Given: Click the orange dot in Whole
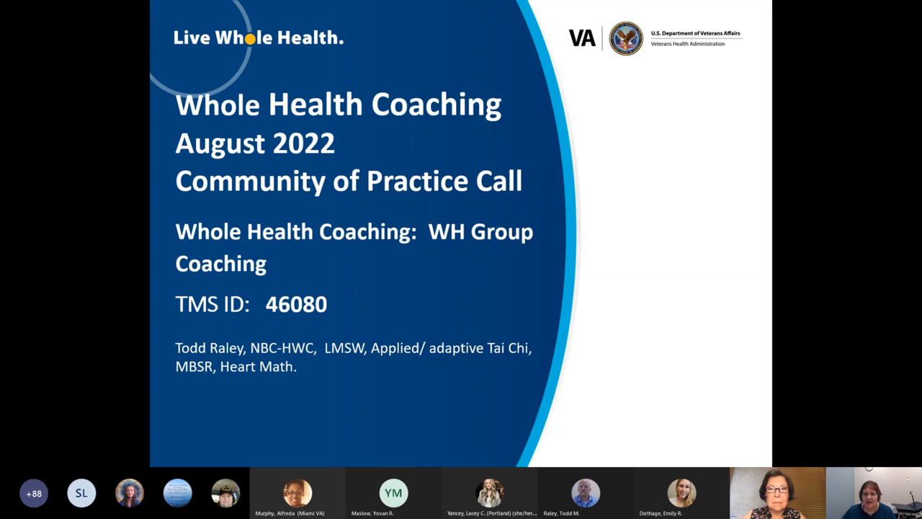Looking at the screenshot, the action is click(x=250, y=39).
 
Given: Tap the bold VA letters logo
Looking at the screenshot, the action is click(x=582, y=38).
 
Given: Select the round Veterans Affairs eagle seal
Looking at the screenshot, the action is click(x=626, y=38).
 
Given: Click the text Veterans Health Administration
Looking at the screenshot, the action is click(x=687, y=44).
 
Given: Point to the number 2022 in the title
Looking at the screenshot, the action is click(x=304, y=143).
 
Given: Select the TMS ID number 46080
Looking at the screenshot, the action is click(x=296, y=304).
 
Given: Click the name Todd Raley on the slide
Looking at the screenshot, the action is click(x=210, y=348).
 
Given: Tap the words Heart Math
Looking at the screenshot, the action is click(x=258, y=367).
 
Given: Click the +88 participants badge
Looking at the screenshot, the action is click(x=34, y=493).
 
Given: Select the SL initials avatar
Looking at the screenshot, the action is click(x=81, y=493).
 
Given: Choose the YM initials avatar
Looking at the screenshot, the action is click(x=393, y=493).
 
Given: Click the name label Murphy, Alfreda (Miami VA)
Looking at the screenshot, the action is click(x=290, y=513).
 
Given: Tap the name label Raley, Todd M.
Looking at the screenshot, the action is click(x=561, y=513).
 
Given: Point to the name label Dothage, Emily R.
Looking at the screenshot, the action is click(x=661, y=513).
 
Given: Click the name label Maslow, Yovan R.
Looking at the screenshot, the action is click(x=372, y=513).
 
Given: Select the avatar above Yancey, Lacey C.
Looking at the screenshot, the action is click(x=489, y=493).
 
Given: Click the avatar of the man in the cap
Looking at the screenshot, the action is click(x=225, y=493).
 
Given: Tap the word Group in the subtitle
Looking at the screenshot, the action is click(x=502, y=233).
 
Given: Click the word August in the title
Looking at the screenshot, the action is click(x=220, y=144).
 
